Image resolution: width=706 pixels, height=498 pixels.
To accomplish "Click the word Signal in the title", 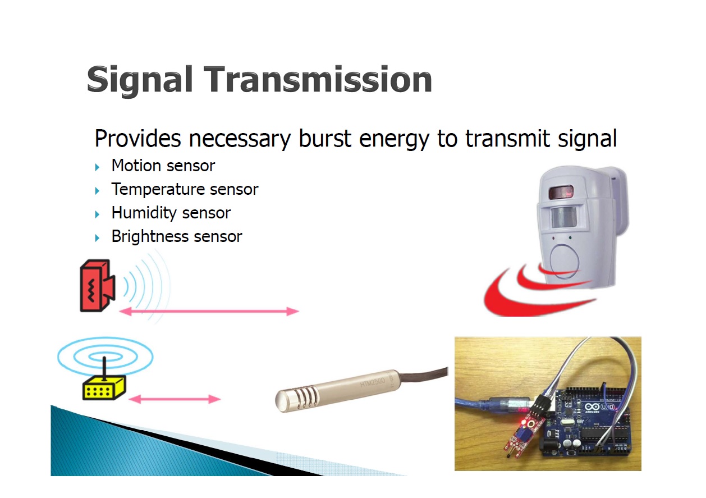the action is point(140,80).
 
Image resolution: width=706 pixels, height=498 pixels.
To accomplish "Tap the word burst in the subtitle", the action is point(324,138).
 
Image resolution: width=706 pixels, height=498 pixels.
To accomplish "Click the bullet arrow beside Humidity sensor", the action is point(98,214).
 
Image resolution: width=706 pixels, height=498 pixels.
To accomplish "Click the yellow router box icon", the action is point(104,388).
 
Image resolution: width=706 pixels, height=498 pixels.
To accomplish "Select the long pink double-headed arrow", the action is point(209,311).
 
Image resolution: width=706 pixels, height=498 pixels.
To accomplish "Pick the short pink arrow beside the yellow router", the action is point(175,399).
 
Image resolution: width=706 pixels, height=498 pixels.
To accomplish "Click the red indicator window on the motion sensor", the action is point(561,192).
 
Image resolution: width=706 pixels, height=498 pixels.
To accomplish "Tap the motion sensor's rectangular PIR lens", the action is point(564,217).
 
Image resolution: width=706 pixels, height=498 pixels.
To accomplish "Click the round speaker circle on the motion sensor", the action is point(565,262).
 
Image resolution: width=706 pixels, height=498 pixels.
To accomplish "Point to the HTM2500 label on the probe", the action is point(373,383).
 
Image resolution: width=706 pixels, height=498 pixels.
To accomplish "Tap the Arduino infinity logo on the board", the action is point(592,407).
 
